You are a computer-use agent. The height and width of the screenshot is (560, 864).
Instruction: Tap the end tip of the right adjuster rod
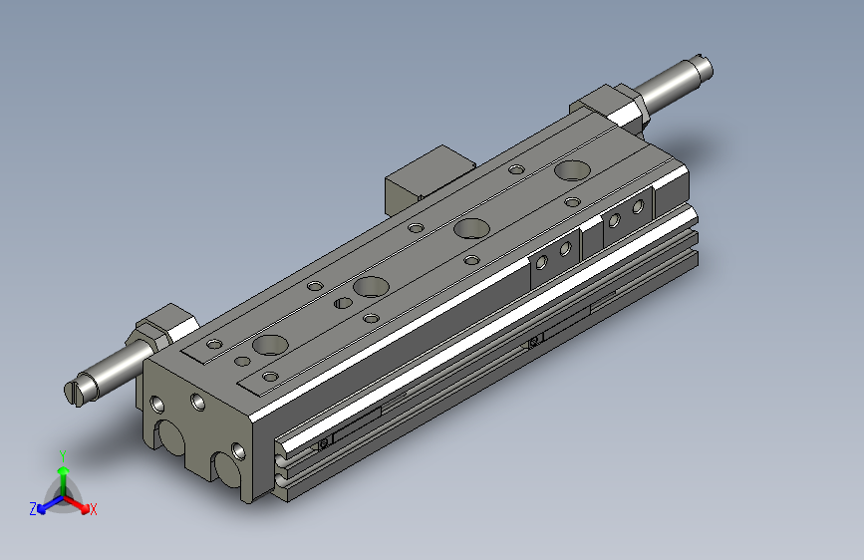coord(705,68)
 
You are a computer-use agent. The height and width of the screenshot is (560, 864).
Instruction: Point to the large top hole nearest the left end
coord(269,346)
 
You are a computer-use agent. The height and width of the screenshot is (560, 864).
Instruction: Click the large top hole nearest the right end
coord(572,169)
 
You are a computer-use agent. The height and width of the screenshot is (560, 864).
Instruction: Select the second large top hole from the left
coord(370,285)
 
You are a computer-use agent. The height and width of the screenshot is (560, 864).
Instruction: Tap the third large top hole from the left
coord(469,228)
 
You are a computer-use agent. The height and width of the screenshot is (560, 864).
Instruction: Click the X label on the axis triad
coord(94,510)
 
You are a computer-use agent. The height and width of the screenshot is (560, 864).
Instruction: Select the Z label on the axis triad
coord(33,509)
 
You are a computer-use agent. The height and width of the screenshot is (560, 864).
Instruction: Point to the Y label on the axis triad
coord(63,453)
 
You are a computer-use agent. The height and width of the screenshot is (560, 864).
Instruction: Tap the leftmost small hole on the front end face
coord(157,405)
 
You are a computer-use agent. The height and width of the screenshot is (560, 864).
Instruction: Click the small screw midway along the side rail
coord(534,342)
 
